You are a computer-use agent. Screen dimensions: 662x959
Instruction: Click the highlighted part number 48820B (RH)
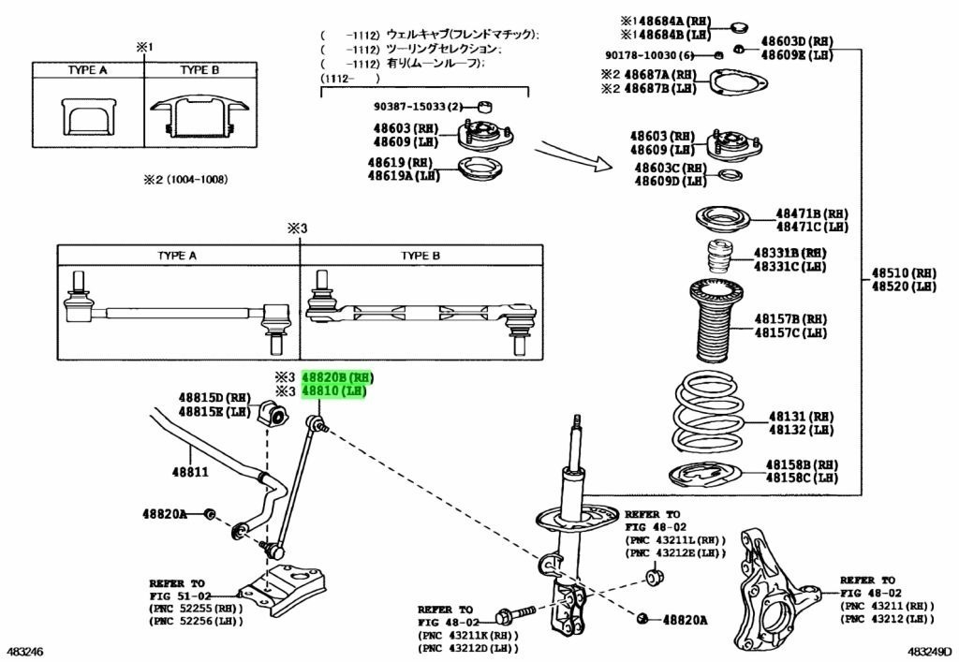point(336,376)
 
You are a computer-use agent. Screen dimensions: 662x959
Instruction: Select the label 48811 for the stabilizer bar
point(188,473)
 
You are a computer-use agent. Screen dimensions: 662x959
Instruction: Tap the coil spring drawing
point(709,416)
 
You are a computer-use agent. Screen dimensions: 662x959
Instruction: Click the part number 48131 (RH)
point(801,416)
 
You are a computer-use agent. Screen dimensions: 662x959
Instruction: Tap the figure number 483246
point(25,651)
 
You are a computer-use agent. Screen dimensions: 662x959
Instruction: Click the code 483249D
point(930,651)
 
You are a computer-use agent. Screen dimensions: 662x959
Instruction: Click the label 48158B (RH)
point(801,464)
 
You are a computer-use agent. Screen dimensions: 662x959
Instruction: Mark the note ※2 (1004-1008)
point(184,180)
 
